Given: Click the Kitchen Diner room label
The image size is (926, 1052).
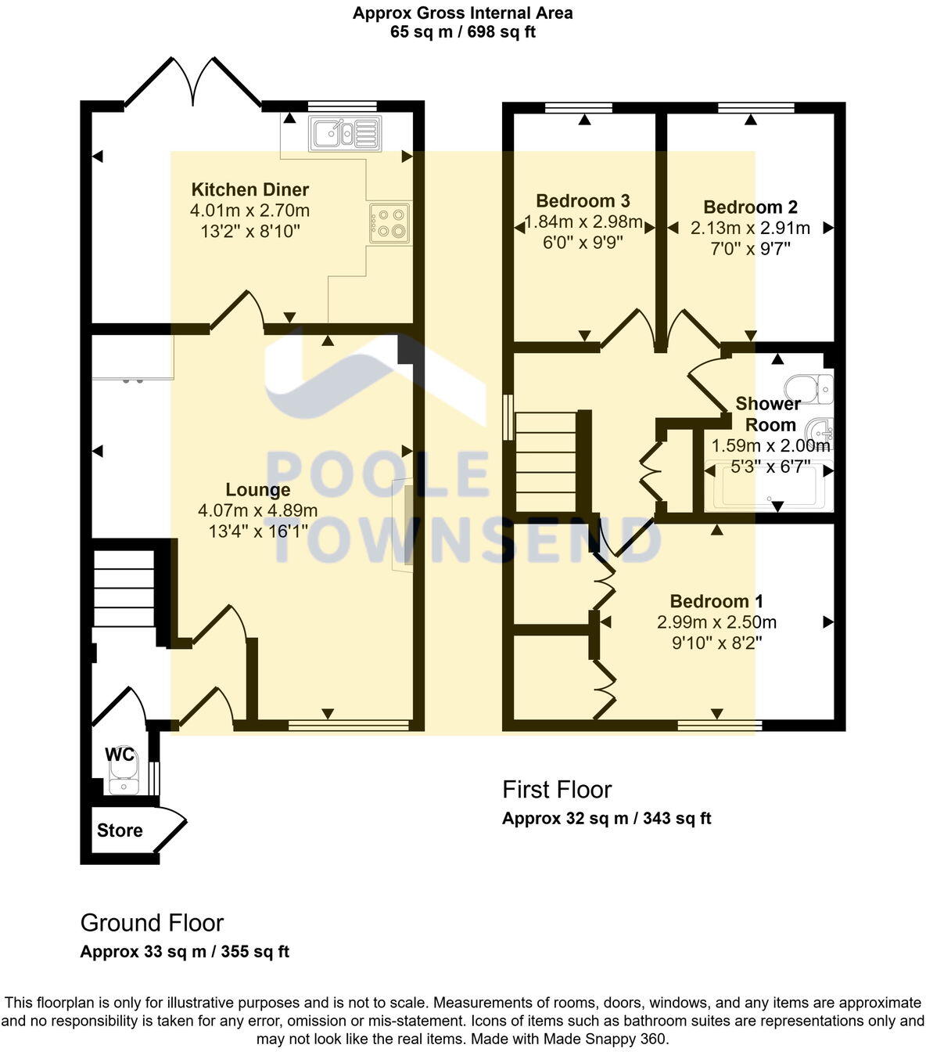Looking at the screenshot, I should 250,189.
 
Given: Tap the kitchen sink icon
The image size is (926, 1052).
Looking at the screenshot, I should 344,133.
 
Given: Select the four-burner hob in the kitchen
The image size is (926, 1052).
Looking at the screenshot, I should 389,222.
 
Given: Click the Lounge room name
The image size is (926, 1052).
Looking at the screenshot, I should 258,490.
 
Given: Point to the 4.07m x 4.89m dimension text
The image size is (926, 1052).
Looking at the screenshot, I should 258,511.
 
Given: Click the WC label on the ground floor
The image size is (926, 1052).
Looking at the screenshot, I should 120,755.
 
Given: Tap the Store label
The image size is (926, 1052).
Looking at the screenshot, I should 120,830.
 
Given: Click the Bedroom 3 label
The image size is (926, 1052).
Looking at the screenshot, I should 583,201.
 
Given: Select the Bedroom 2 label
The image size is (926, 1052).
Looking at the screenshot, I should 750,207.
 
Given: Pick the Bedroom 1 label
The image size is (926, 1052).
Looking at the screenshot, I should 716,601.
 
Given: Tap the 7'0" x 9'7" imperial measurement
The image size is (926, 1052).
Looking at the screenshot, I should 750,249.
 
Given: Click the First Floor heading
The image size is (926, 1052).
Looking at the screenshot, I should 557,790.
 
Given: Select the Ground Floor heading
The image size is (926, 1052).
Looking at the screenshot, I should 152,923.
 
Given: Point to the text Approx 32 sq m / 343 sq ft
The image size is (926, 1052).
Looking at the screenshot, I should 606,819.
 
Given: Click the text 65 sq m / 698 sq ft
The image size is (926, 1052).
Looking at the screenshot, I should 462,32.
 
